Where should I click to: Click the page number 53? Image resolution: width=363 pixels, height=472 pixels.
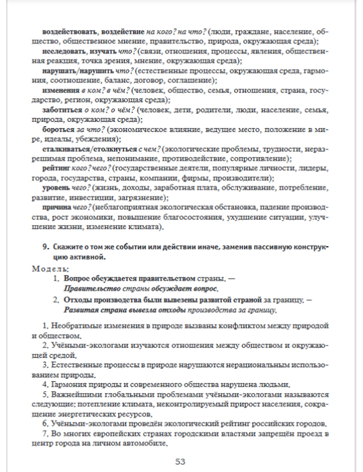point(180,461)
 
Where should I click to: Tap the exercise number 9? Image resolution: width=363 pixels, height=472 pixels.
point(45,247)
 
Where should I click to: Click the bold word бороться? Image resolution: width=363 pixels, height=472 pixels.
point(58,129)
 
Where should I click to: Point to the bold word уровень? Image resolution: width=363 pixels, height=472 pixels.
point(56,188)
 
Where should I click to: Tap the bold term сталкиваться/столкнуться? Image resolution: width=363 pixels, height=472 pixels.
point(89,149)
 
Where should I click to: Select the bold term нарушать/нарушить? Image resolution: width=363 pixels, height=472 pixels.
point(78,71)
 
